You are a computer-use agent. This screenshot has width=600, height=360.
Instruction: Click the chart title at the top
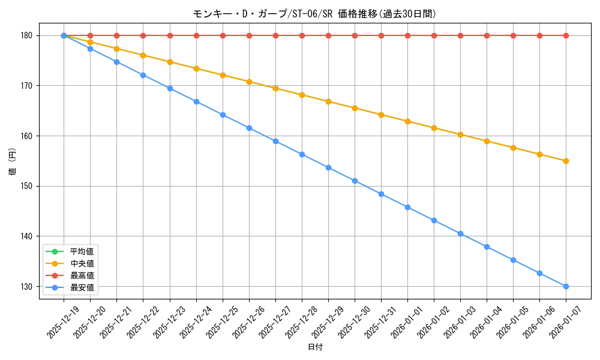coord(314,14)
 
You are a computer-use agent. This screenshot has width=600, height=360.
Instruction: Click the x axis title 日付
coord(315,347)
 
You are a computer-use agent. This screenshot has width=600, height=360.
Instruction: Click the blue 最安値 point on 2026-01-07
coord(566,286)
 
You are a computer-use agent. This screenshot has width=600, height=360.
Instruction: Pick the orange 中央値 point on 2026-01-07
coord(566,161)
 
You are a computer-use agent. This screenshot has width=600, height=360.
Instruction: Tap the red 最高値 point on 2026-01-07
coord(566,35)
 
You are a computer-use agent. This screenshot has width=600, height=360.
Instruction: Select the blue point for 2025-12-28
coord(302,154)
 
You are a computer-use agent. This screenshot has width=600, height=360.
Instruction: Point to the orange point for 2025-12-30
coord(355,108)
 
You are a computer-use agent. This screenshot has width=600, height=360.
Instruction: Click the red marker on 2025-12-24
coord(196,35)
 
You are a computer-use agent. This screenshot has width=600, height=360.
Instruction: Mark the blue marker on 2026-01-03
coord(460,233)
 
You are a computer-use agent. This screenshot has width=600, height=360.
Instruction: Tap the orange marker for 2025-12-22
coord(143,55)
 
